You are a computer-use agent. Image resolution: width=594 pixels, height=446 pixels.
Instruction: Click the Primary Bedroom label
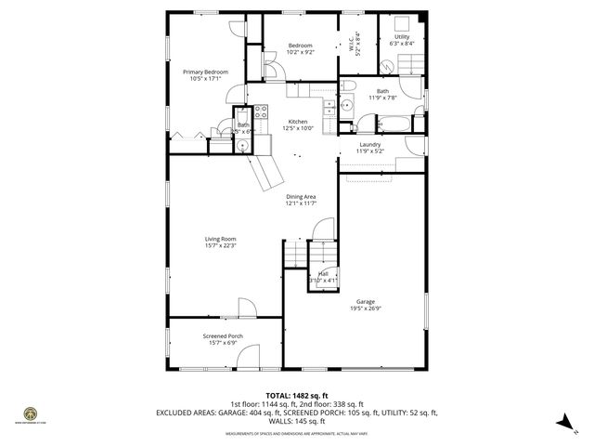tap(204, 72)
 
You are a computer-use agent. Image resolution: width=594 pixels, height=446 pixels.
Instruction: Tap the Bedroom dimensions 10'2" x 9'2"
tap(300, 53)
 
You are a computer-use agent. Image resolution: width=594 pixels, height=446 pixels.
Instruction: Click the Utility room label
tap(403, 37)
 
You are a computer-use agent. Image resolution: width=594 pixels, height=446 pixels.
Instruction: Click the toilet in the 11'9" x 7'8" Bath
tap(366, 124)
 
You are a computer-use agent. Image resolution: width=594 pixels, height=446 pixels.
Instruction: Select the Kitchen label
tap(298, 122)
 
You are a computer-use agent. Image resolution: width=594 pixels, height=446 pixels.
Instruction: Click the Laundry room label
tap(370, 144)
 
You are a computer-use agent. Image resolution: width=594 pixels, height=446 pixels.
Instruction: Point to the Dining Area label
tap(301, 197)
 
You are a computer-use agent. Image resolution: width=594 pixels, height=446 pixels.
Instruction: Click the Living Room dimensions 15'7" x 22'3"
tap(221, 245)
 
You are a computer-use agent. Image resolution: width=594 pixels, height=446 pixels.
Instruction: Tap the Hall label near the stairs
tap(323, 273)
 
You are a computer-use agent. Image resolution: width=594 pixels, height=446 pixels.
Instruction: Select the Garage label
tap(366, 302)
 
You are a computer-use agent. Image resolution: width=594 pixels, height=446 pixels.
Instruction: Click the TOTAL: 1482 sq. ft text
tap(297, 395)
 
